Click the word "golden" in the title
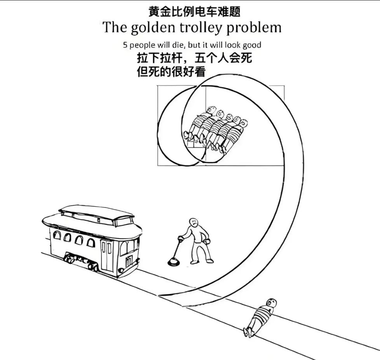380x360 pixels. [147, 28]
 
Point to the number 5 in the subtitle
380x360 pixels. [125, 45]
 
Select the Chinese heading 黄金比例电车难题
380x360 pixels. [194, 11]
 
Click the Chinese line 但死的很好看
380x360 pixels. [171, 72]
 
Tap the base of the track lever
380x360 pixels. [174, 263]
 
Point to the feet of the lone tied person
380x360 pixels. [248, 332]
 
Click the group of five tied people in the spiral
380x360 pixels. [216, 130]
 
